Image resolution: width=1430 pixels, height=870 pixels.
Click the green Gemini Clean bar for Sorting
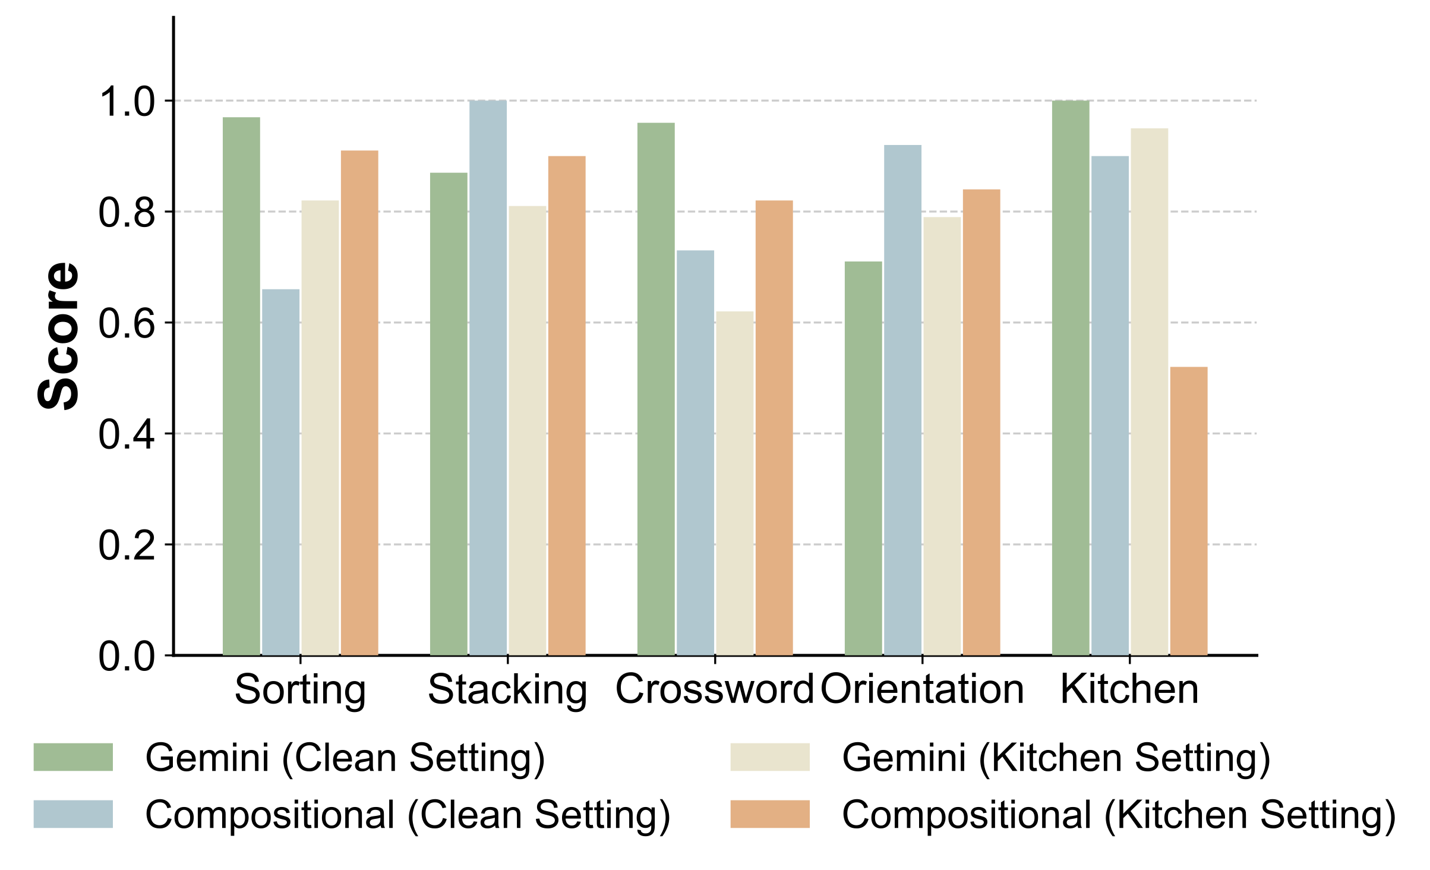(x=241, y=386)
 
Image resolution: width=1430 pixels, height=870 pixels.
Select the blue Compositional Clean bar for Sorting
(x=280, y=472)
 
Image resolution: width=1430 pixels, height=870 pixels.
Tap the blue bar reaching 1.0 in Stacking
(x=488, y=378)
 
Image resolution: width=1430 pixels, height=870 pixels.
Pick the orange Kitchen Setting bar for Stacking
(x=567, y=406)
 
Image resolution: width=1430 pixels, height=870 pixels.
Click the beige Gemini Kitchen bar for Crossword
(x=735, y=483)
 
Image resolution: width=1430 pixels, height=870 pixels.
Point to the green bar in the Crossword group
(x=656, y=389)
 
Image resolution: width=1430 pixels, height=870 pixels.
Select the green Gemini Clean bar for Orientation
(x=863, y=458)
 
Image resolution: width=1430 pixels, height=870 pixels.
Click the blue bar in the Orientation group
(x=902, y=400)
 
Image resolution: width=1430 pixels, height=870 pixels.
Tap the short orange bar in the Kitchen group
(x=1189, y=511)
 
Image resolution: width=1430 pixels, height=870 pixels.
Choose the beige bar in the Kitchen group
(x=1150, y=392)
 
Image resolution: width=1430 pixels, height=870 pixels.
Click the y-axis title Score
(x=58, y=336)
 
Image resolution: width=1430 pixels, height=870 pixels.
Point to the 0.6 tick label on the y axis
(x=127, y=324)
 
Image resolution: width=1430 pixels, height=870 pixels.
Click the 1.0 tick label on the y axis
(x=127, y=102)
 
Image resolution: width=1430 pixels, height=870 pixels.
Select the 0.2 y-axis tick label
(x=127, y=546)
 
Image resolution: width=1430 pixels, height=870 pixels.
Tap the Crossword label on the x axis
(x=714, y=689)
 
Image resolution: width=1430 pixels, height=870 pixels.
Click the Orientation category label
(x=922, y=689)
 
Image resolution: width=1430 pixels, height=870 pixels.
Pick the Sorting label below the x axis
(x=300, y=691)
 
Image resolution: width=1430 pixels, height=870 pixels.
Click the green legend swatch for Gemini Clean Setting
(x=73, y=757)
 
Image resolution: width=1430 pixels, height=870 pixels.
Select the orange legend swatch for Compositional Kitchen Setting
(x=770, y=814)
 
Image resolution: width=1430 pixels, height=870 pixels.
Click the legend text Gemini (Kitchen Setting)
(x=1056, y=758)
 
